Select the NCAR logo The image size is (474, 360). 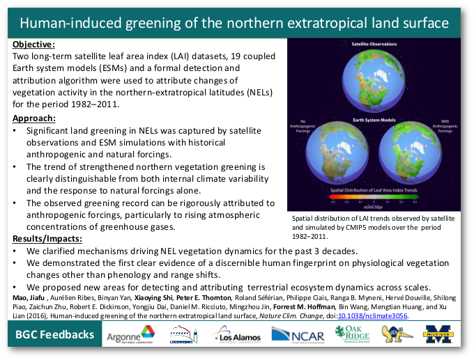click(300, 335)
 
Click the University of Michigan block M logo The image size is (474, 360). click(440, 334)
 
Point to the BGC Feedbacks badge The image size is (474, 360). click(55, 335)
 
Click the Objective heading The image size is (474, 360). click(32, 44)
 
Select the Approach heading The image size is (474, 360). click(33, 118)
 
